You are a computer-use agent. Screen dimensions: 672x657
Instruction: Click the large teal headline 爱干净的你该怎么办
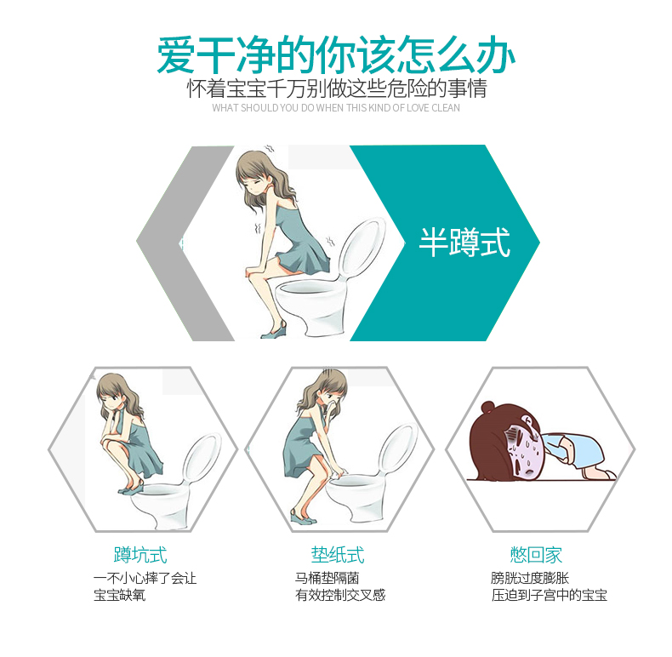click(x=335, y=55)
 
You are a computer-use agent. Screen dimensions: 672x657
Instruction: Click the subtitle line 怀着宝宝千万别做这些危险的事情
click(x=337, y=89)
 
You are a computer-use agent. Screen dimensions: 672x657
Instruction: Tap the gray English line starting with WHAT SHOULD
click(x=336, y=107)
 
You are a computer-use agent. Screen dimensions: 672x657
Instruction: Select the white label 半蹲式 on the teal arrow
click(x=464, y=243)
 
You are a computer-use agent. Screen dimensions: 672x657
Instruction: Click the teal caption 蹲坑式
click(x=140, y=555)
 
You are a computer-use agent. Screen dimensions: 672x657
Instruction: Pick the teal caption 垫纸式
click(x=338, y=555)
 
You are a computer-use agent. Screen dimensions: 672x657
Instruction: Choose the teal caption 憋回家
click(x=536, y=555)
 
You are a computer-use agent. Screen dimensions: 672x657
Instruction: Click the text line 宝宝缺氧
click(x=120, y=595)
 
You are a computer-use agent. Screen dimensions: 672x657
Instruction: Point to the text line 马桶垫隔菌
click(x=327, y=578)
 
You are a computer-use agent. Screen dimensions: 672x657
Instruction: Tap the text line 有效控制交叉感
click(x=340, y=595)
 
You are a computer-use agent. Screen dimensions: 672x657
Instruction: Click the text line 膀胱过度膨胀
click(x=530, y=578)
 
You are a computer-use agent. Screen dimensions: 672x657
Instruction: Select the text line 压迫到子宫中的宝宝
click(x=549, y=595)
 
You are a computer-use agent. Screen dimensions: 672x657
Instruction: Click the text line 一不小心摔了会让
click(x=145, y=578)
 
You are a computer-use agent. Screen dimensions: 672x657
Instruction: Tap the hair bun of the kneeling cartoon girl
click(x=487, y=408)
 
